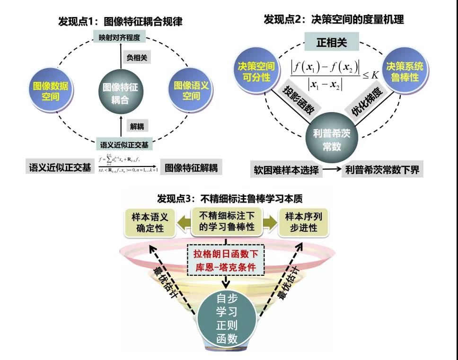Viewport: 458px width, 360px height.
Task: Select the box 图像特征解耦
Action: click(x=191, y=167)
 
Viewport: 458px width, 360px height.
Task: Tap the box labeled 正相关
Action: click(x=332, y=43)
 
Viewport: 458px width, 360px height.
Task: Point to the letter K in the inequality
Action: click(x=375, y=75)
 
